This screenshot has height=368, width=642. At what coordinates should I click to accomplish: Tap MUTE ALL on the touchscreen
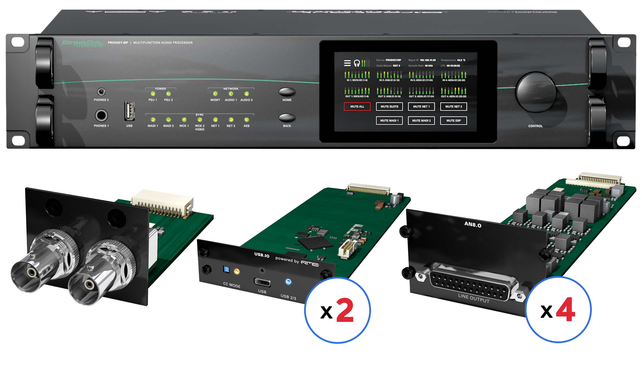(357, 106)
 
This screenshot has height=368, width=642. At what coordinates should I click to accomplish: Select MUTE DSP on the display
(453, 121)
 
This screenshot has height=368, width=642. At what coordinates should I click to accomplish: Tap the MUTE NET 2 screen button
(453, 106)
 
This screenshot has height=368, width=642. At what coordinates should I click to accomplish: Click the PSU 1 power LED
(153, 94)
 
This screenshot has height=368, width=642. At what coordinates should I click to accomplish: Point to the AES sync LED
(246, 120)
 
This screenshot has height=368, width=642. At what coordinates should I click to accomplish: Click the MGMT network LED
(215, 94)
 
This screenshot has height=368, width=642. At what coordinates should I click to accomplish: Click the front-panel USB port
(129, 111)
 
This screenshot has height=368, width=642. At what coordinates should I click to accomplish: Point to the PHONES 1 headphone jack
(101, 115)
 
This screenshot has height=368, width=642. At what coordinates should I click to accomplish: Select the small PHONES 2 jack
(101, 91)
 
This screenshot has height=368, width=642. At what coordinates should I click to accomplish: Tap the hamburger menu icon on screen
(347, 63)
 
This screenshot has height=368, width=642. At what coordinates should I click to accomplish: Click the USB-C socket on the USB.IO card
(262, 282)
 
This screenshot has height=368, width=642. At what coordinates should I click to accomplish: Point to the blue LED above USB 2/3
(288, 282)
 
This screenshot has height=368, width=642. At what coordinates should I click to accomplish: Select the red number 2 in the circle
(345, 310)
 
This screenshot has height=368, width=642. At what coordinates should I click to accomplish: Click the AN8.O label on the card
(473, 224)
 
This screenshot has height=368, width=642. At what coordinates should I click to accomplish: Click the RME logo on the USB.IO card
(310, 263)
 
